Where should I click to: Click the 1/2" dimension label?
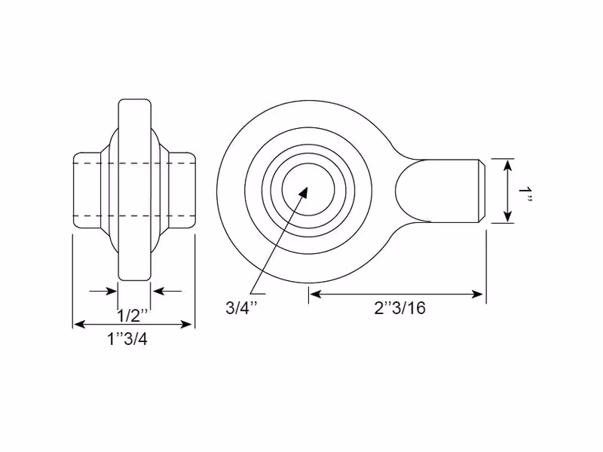(133, 316)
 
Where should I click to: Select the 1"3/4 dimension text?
(127, 339)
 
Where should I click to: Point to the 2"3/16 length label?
(400, 308)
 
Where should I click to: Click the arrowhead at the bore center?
(303, 192)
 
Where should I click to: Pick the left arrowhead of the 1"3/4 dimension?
(79, 325)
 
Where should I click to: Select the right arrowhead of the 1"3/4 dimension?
(186, 325)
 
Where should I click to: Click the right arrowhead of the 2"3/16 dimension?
(477, 295)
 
